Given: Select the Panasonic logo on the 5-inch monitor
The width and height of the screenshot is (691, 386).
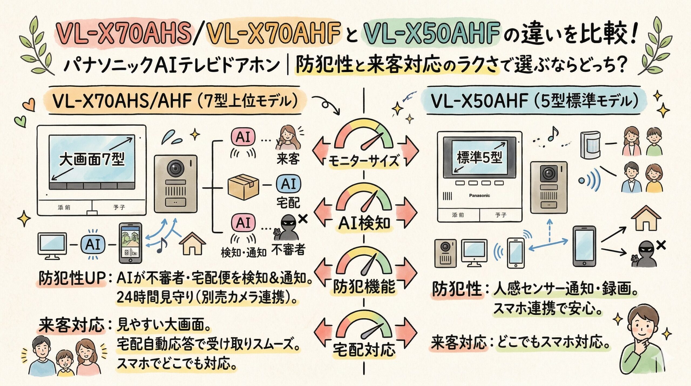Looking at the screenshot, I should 479,195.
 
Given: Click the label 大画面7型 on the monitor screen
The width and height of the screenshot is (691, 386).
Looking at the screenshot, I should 92,159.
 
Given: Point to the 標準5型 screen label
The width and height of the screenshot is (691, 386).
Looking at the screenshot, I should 479,157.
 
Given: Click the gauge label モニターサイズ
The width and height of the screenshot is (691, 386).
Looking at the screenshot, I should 364,161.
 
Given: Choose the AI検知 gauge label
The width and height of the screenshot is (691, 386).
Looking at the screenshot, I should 364,224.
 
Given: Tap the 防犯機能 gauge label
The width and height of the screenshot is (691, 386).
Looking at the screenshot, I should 364,286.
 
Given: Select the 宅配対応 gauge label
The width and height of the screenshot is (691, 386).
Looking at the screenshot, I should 364,350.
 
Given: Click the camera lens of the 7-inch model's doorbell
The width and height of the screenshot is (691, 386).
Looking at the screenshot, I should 175,168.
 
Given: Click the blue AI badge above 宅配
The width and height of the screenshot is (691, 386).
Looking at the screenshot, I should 288,184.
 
